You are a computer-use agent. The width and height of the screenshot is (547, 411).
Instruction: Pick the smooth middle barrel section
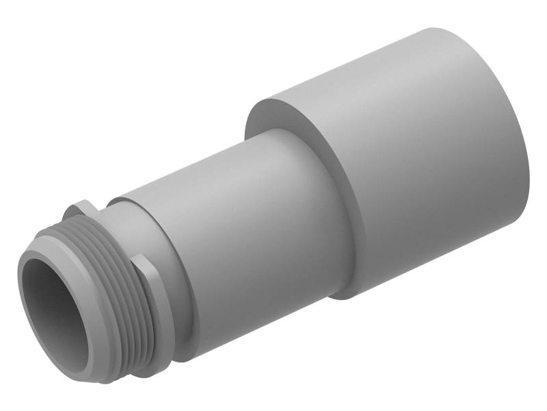pyautogui.click(x=253, y=226)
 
